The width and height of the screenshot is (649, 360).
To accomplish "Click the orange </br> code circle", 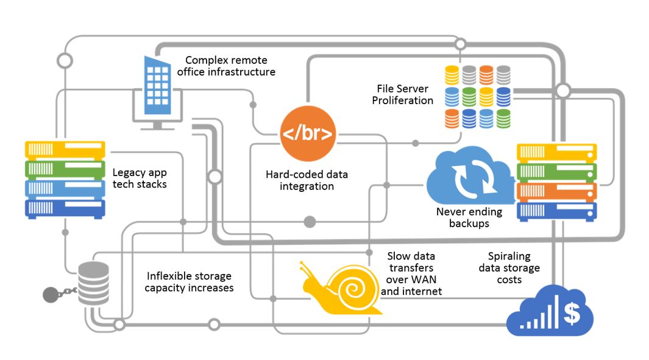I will (308, 133).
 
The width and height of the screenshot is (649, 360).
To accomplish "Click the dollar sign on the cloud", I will (572, 313).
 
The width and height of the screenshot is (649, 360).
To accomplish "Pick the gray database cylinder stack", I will (94, 284).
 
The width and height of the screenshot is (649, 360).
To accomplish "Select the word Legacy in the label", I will (129, 172).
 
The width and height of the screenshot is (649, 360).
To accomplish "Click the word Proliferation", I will (403, 101).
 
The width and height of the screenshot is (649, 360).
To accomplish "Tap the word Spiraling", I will (509, 256).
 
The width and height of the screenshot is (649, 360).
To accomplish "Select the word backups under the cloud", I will (469, 223).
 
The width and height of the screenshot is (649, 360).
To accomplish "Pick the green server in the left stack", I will (65, 168).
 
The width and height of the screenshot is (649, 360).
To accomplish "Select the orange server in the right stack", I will (556, 191).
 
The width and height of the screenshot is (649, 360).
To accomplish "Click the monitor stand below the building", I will (157, 125).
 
